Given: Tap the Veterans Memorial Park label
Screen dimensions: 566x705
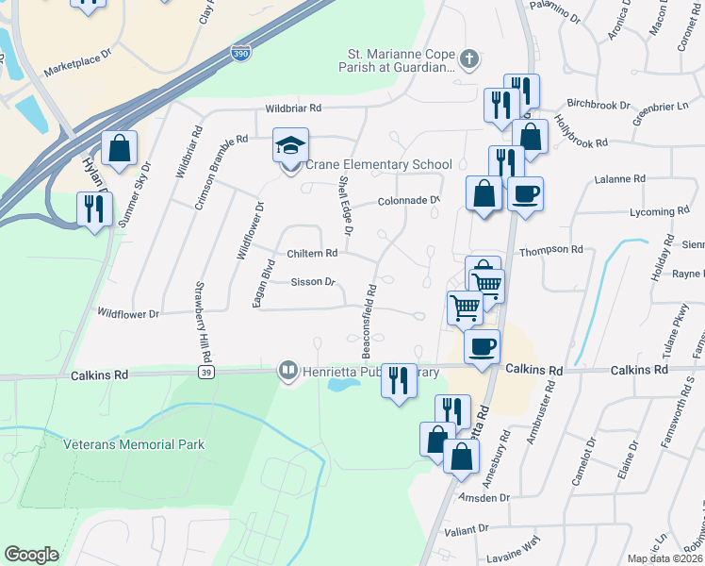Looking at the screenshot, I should pyautogui.click(x=134, y=444).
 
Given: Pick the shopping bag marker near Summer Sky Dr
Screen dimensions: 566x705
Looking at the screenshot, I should pyautogui.click(x=120, y=149).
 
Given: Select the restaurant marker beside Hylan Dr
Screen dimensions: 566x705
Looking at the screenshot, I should pyautogui.click(x=93, y=208).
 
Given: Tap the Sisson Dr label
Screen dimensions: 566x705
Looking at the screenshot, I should pyautogui.click(x=313, y=282).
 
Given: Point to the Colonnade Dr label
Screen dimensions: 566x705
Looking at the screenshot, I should pyautogui.click(x=409, y=201).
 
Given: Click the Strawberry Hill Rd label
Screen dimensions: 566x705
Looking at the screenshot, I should pyautogui.click(x=200, y=322).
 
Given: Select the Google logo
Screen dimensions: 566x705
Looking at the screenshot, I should pyautogui.click(x=31, y=555).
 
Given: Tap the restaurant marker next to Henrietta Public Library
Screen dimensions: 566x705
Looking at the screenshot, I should pyautogui.click(x=399, y=381).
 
